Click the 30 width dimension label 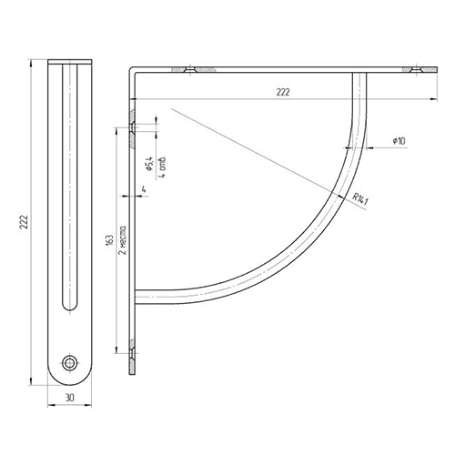pyautogui.click(x=69, y=398)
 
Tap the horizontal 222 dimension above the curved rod pyautogui.click(x=283, y=92)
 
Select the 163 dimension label pyautogui.click(x=110, y=239)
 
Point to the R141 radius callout pyautogui.click(x=360, y=199)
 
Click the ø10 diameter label pyautogui.click(x=399, y=141)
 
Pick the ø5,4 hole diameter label pyautogui.click(x=150, y=164)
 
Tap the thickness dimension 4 pyautogui.click(x=144, y=189)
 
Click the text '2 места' pyautogui.click(x=123, y=240)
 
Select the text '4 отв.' pyautogui.click(x=163, y=167)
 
